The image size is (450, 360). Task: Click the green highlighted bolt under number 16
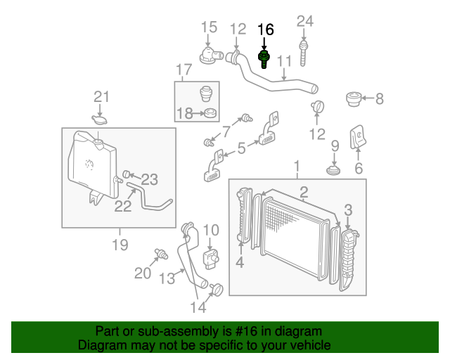265,58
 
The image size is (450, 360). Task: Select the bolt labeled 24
304,51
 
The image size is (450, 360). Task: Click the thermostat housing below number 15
210,54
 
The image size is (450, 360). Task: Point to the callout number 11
284,62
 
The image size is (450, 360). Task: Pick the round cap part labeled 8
354,99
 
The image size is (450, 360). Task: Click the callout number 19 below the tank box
119,245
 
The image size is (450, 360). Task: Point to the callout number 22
122,205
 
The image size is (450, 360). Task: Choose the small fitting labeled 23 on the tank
127,174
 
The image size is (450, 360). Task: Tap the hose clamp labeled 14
217,288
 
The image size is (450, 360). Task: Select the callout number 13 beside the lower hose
166,278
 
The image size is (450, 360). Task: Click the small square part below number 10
212,255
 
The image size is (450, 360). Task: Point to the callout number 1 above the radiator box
297,167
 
